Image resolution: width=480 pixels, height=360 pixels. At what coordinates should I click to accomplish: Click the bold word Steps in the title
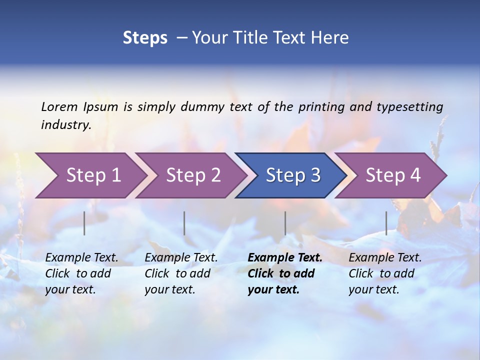coord(145,38)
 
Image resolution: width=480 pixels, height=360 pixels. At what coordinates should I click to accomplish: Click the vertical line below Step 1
coord(84,223)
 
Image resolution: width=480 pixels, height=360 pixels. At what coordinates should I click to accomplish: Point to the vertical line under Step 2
coord(184,223)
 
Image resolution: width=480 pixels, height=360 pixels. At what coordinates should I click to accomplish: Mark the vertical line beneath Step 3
coord(285,223)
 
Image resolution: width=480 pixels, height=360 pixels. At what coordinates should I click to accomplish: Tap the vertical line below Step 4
coord(386,223)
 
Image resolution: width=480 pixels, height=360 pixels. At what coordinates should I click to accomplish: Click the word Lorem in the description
coord(59,107)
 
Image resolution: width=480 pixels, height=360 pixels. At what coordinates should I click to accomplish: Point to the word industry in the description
coord(66,125)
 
